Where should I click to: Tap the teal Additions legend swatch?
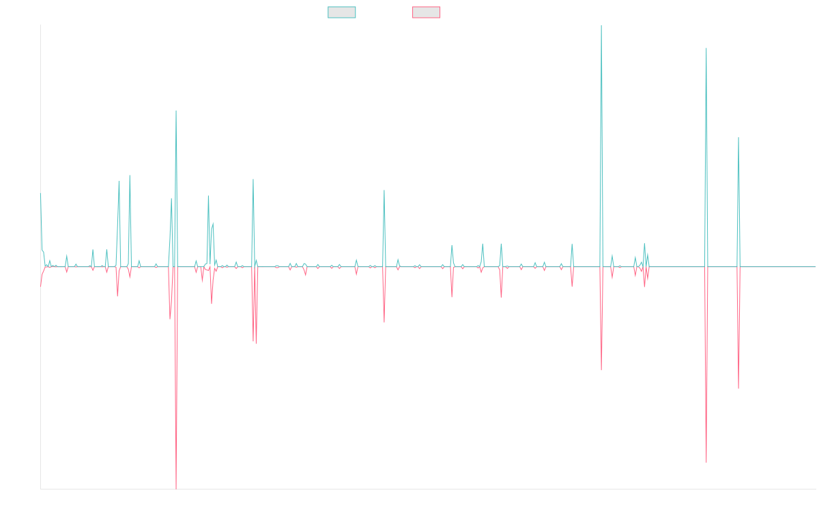coord(342,12)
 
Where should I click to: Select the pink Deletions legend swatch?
coord(427,12)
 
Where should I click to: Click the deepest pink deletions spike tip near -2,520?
coord(176,488)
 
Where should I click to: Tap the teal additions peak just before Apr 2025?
coord(738,138)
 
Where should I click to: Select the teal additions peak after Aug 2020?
coord(384,190)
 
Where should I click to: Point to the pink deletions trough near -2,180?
coord(706,462)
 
